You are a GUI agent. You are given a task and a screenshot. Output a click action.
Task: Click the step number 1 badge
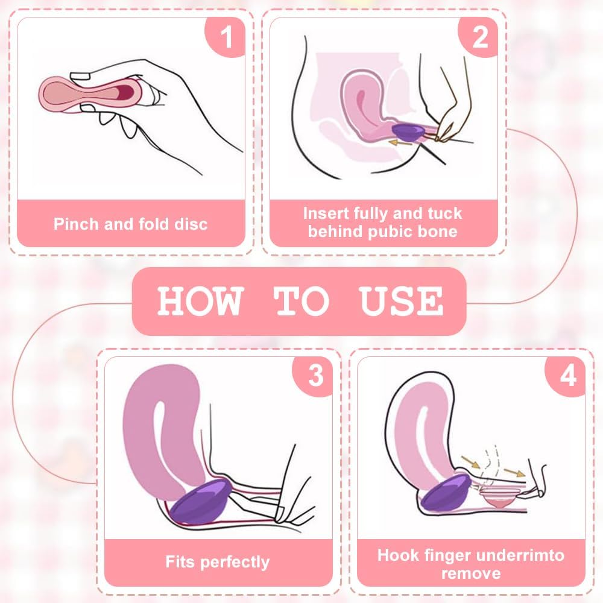tap(226, 37)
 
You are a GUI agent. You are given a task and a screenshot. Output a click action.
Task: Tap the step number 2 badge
tap(479, 37)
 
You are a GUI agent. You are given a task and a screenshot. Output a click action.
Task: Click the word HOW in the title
tap(200, 301)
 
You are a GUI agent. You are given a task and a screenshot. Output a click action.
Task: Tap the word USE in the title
tap(401, 301)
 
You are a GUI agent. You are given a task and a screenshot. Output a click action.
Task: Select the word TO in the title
tap(301, 301)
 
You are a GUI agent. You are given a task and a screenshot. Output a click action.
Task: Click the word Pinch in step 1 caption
tap(76, 224)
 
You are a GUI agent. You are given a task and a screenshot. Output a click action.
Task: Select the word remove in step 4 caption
tap(471, 574)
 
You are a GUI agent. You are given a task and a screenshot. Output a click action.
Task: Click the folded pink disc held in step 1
tap(91, 94)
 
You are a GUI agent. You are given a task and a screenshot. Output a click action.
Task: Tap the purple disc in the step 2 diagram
tap(408, 131)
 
